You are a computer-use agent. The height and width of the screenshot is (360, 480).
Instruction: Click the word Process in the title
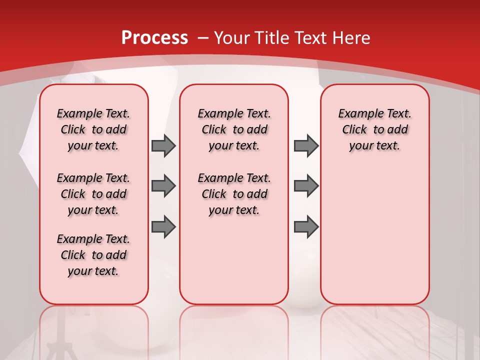pos(154,38)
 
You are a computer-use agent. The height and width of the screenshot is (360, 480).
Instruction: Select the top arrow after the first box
pos(163,145)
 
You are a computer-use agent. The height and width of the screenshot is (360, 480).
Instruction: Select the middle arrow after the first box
pos(163,186)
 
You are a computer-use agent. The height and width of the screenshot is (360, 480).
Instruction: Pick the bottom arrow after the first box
pos(163,227)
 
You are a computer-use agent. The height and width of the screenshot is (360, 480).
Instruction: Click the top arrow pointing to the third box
pos(306,145)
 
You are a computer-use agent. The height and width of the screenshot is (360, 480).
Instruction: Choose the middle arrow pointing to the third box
pos(306,186)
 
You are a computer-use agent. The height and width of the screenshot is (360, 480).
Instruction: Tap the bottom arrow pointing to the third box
pos(306,227)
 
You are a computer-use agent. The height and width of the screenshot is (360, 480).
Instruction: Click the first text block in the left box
pos(93,129)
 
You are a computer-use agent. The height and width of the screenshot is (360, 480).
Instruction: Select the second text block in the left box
pos(93,194)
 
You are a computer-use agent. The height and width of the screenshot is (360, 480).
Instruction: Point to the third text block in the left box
pos(93,255)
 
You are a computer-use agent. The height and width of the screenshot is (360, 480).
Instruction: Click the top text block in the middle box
pos(234,129)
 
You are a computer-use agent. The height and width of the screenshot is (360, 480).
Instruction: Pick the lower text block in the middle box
pos(234,194)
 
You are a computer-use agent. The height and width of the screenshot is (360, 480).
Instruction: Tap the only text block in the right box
pos(374,129)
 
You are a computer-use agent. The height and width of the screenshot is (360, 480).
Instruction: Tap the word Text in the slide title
pos(307,38)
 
